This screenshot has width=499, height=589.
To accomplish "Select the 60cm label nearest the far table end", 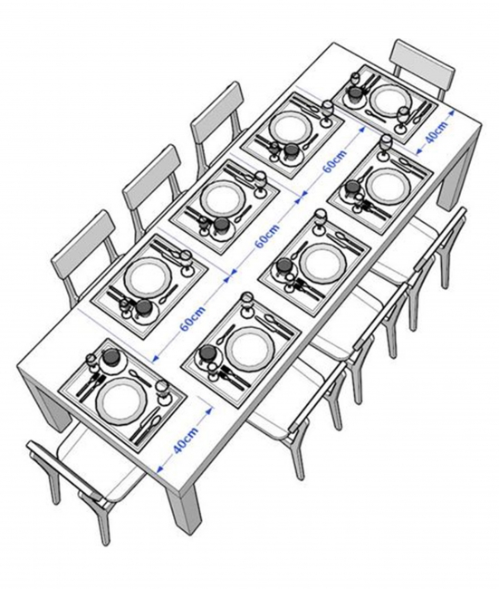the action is (x=334, y=160).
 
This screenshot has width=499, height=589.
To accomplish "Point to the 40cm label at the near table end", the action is (x=186, y=440).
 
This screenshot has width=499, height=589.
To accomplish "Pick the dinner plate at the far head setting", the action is (x=389, y=101).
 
